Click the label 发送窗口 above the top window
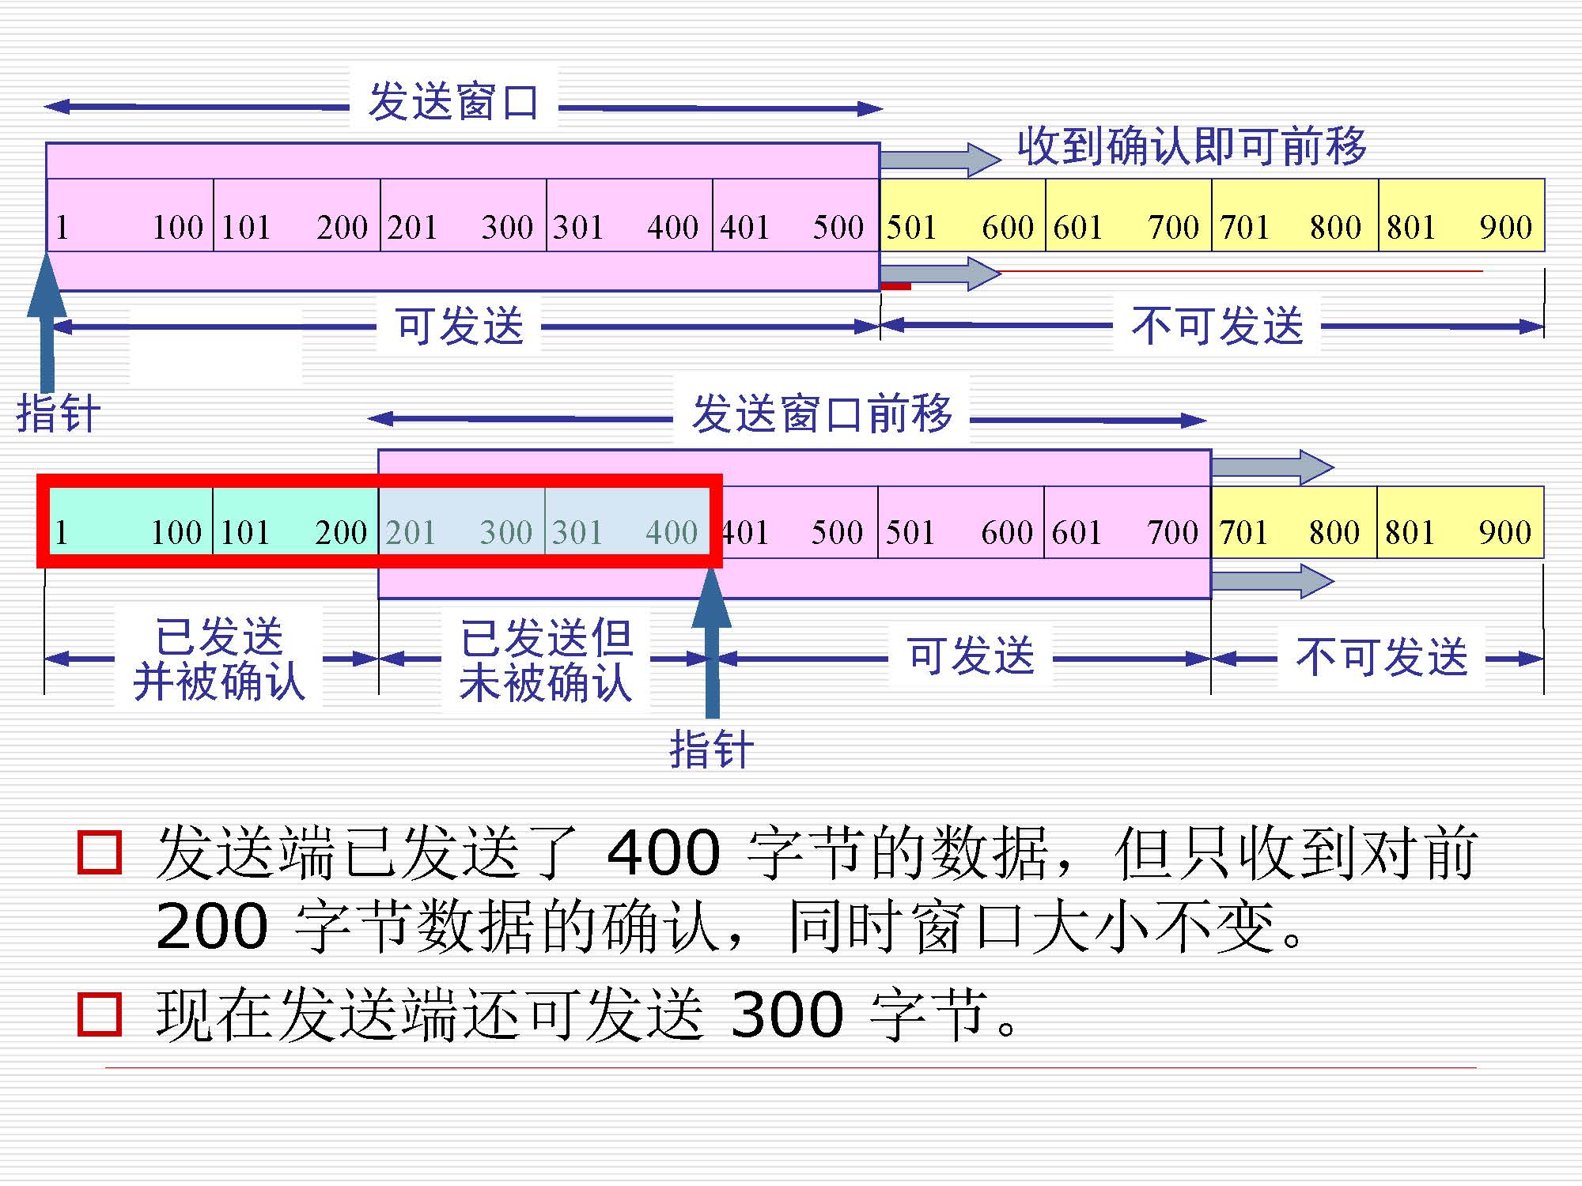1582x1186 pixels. tap(453, 102)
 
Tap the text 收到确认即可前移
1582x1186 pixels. tap(1191, 146)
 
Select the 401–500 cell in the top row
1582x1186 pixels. tap(795, 227)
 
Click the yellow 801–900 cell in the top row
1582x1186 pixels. tap(1460, 227)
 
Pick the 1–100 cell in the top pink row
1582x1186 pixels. tap(130, 227)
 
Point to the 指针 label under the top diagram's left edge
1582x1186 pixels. tap(59, 413)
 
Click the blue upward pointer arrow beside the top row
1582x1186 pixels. tap(47, 316)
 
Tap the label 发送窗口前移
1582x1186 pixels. tap(822, 414)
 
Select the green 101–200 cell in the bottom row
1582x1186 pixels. tap(295, 531)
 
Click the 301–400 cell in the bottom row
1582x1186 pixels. tap(626, 531)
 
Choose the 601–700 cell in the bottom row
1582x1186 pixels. tap(1126, 531)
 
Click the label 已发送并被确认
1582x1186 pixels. tap(219, 659)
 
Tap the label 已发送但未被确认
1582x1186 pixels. tap(546, 660)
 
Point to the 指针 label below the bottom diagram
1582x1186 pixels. tap(711, 748)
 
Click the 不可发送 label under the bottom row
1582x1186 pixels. tap(1381, 656)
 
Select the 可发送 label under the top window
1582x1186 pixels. tap(460, 325)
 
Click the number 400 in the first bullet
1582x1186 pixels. tap(664, 852)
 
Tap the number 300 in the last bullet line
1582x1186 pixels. tap(787, 1014)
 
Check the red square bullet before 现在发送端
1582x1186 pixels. tap(100, 1014)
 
